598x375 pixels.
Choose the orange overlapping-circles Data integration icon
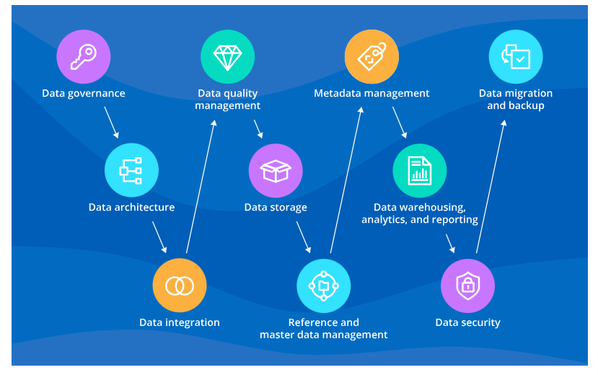pyautogui.click(x=179, y=286)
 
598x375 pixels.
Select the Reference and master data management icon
pyautogui.click(x=323, y=286)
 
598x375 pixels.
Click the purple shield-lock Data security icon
pyautogui.click(x=467, y=286)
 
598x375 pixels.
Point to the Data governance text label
pyautogui.click(x=83, y=93)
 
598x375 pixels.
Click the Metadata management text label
pyautogui.click(x=371, y=93)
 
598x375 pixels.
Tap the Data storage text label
pyautogui.click(x=276, y=208)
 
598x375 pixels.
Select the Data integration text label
pyautogui.click(x=179, y=322)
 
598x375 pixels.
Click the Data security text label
pyautogui.click(x=467, y=322)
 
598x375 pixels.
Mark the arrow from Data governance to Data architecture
pyautogui.click(x=111, y=123)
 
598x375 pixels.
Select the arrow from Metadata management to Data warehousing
pyautogui.click(x=400, y=123)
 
